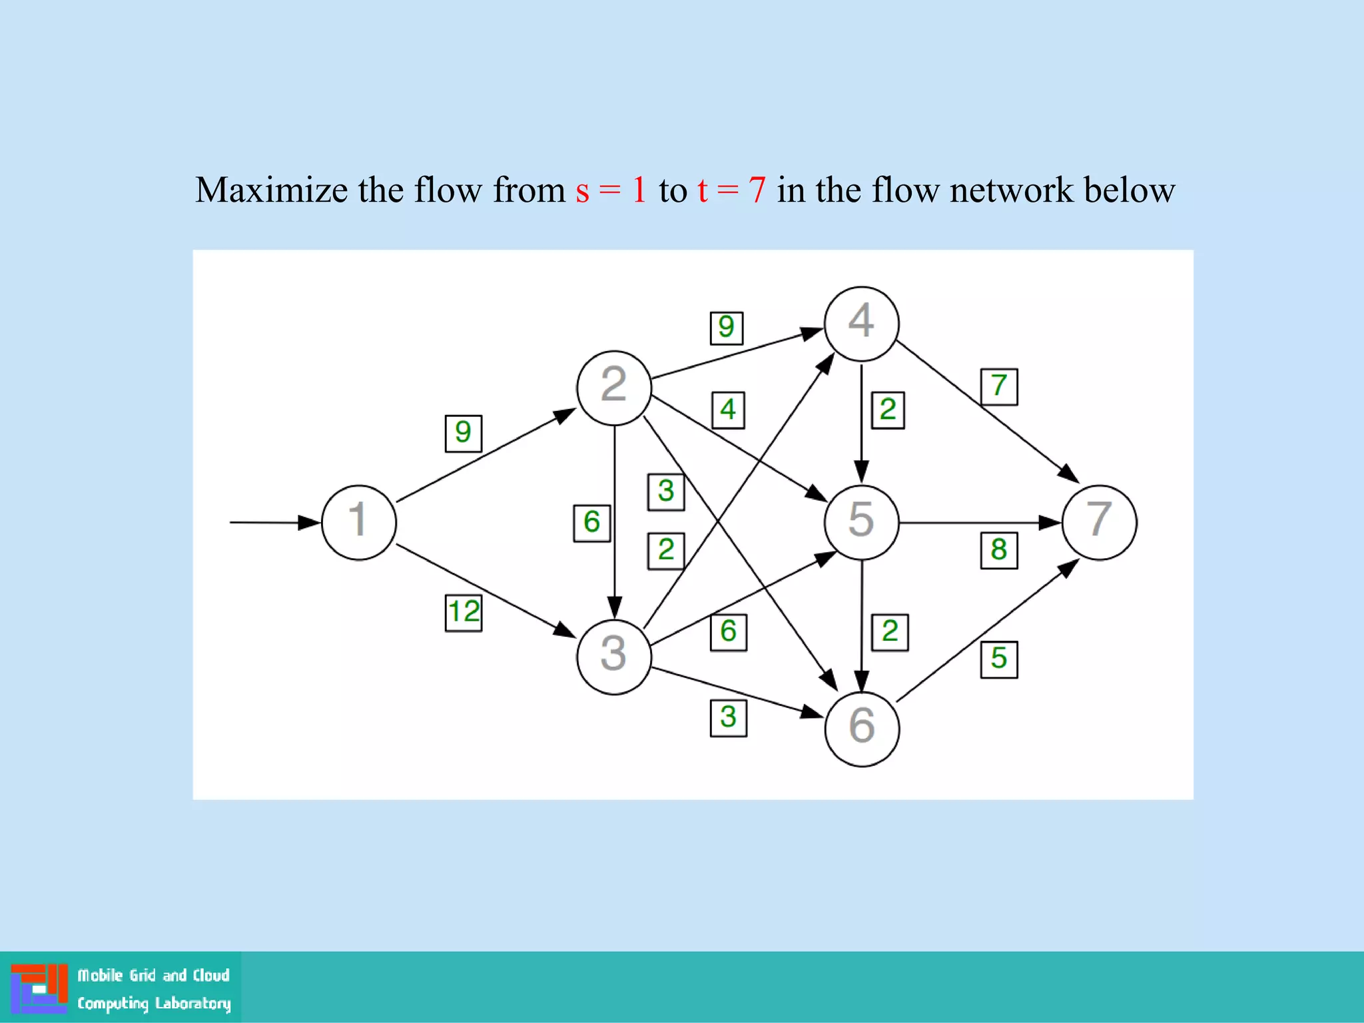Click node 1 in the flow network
(x=358, y=522)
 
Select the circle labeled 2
(x=613, y=388)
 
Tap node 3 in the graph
(x=613, y=657)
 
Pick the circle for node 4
(x=861, y=324)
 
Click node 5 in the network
(x=861, y=522)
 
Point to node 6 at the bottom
(x=861, y=729)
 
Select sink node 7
(x=1099, y=522)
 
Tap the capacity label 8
(x=998, y=550)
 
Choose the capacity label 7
(x=998, y=386)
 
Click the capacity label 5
(x=998, y=659)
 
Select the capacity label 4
(x=727, y=410)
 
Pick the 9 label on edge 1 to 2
(x=463, y=433)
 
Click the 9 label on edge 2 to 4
(x=726, y=328)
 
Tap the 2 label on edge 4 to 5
(x=888, y=410)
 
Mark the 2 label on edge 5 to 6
(x=890, y=632)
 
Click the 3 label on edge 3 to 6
(x=728, y=718)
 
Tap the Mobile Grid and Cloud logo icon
(x=39, y=988)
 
